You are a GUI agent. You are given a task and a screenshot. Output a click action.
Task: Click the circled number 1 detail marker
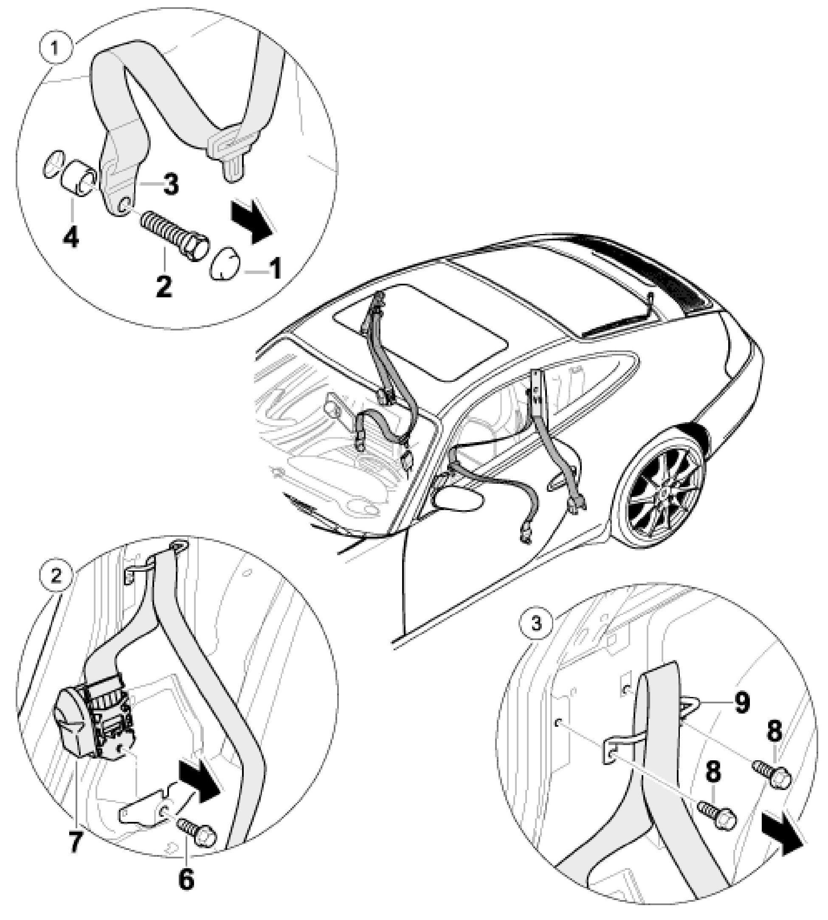click(55, 48)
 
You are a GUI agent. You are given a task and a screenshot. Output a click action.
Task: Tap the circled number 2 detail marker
click(56, 576)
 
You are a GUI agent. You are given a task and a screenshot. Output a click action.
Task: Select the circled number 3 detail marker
click(537, 622)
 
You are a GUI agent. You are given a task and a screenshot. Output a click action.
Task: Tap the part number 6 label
click(186, 879)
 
